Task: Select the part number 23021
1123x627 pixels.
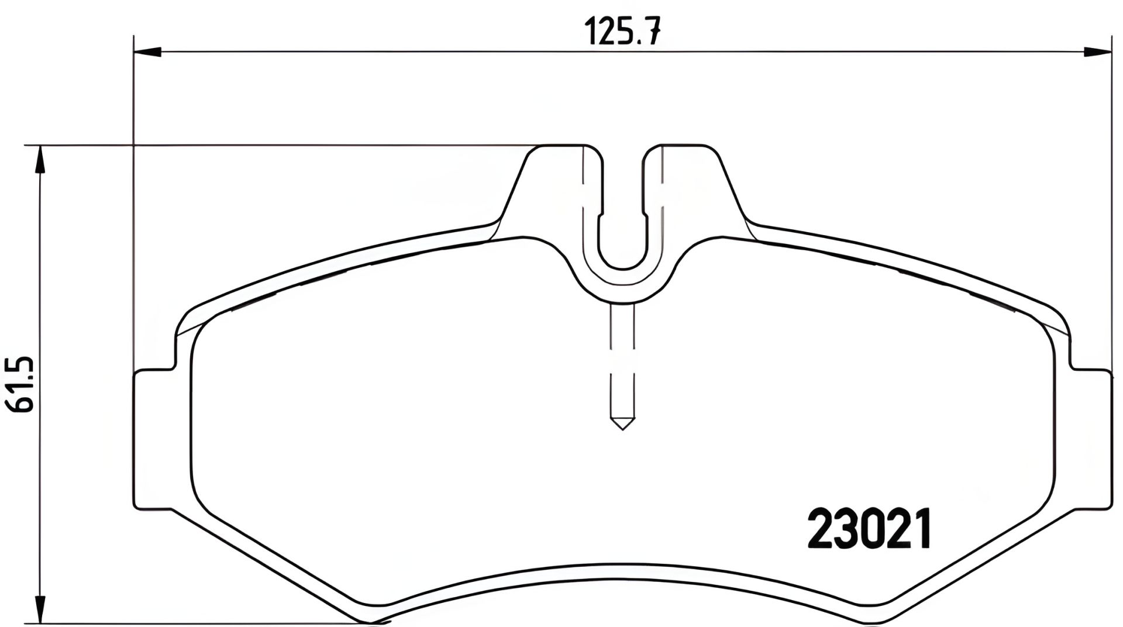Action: [x=869, y=529]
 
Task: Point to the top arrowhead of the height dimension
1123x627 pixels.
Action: [x=39, y=160]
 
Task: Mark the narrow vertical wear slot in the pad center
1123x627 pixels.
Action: [x=622, y=363]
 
